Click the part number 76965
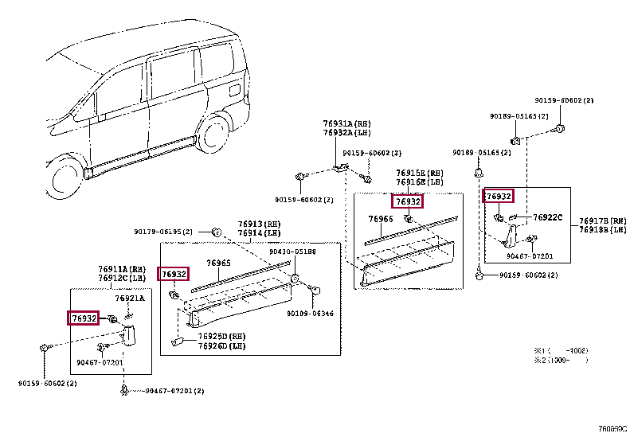click(x=218, y=263)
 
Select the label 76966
click(x=381, y=218)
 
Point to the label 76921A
click(x=130, y=298)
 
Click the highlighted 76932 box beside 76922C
click(x=499, y=196)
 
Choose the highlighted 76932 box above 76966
click(x=408, y=202)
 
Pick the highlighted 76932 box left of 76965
click(x=174, y=274)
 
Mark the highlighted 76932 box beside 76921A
click(x=84, y=318)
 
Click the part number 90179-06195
click(x=164, y=232)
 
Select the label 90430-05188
click(x=292, y=252)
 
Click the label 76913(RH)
click(x=260, y=224)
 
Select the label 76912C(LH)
click(x=121, y=278)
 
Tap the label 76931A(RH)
click(x=346, y=124)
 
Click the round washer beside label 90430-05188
click(x=295, y=279)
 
